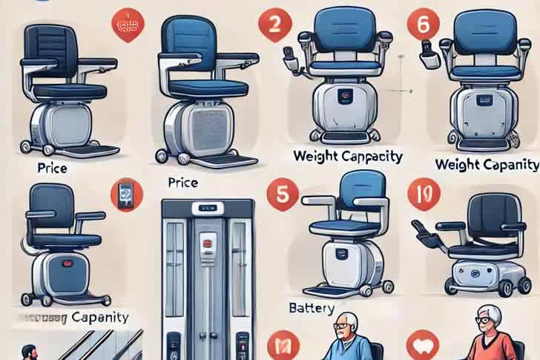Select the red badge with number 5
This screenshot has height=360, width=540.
(282, 192)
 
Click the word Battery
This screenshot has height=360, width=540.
(311, 307)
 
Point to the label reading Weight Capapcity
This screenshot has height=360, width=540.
(347, 157)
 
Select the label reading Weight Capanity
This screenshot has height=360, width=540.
(487, 163)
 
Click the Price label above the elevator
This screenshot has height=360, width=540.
(183, 181)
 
